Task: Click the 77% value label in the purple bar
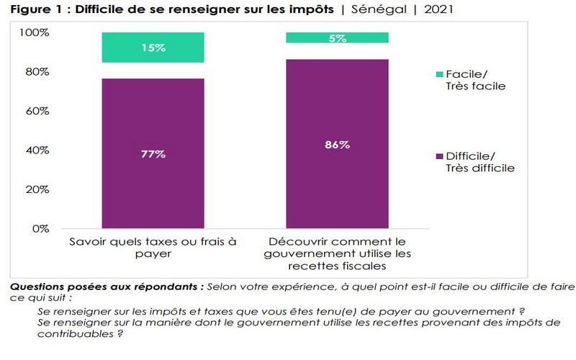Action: click(153, 154)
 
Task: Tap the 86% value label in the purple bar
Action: click(337, 145)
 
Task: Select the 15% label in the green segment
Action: click(153, 48)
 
